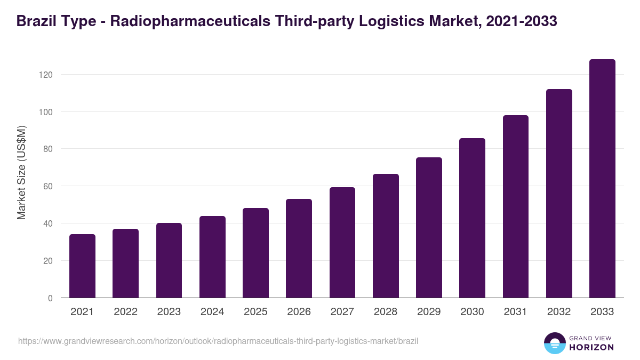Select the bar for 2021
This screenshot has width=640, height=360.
click(82, 266)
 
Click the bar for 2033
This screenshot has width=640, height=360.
click(602, 178)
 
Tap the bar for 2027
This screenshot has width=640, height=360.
click(342, 242)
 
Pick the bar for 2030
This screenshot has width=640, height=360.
click(472, 218)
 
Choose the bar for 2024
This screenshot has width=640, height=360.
click(212, 257)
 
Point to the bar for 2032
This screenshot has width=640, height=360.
click(559, 193)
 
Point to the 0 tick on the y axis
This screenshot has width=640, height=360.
click(50, 298)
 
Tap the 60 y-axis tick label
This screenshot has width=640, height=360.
click(48, 186)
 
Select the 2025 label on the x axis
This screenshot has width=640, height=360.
click(255, 312)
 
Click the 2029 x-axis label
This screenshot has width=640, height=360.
click(429, 312)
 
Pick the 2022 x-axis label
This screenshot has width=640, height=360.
click(125, 312)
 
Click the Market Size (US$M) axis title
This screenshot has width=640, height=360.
click(21, 173)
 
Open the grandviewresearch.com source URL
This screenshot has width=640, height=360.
click(218, 341)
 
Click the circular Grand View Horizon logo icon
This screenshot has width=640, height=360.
click(554, 343)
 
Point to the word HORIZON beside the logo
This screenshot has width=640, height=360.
click(591, 347)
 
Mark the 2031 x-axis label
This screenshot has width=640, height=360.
click(516, 312)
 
